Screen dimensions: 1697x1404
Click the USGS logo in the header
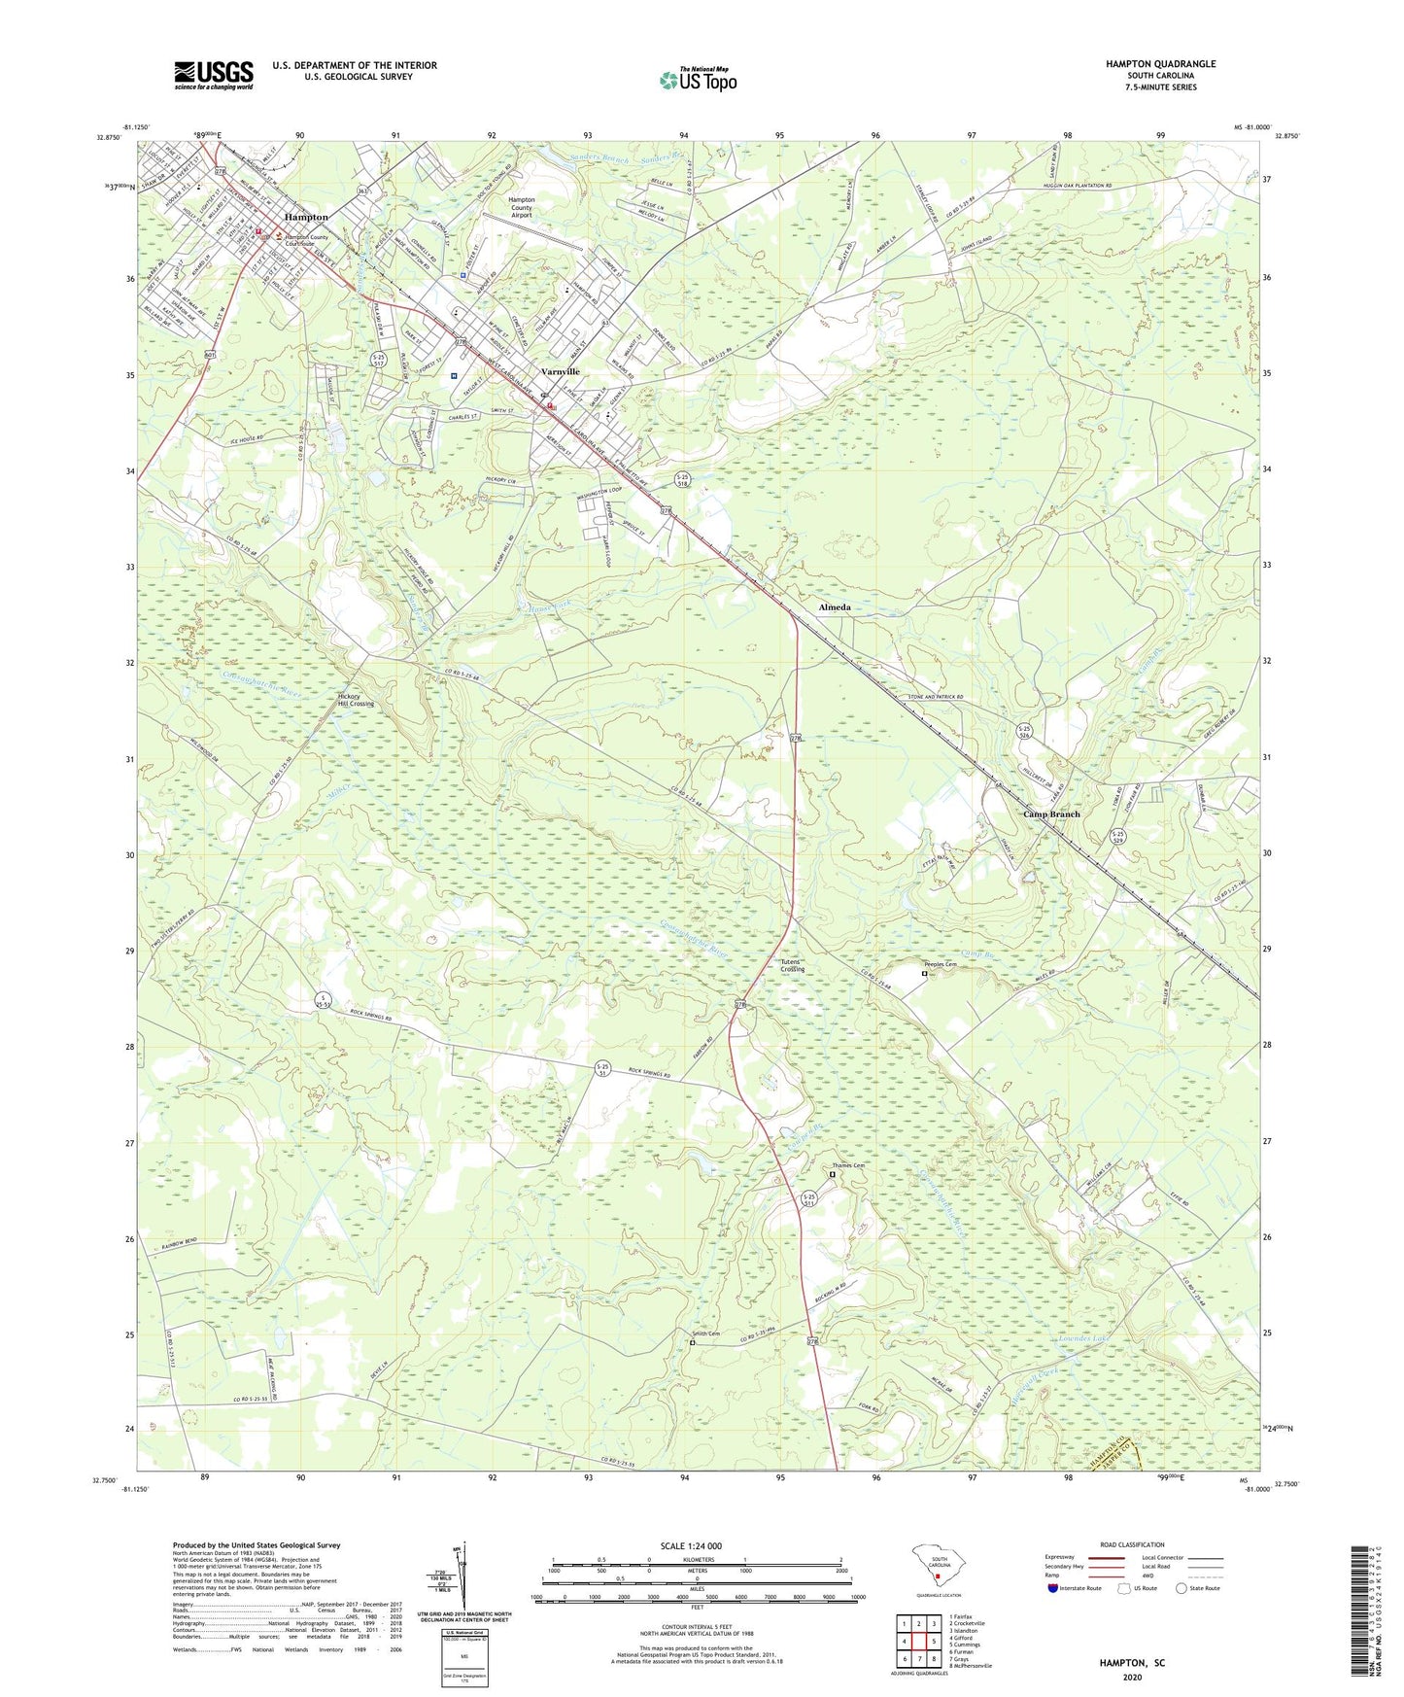214,75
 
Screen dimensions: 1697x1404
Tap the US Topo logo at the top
698,79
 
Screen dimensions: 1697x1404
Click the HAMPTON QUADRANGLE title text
1160,64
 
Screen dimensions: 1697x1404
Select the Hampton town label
305,217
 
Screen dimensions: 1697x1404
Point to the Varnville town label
560,371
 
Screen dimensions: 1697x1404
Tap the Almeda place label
834,607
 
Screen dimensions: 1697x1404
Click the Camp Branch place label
1051,814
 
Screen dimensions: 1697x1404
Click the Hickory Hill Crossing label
355,700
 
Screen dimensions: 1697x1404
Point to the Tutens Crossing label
792,965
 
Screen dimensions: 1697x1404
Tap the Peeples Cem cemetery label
940,964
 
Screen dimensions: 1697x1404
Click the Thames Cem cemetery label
847,1165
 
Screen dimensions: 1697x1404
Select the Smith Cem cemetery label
705,1333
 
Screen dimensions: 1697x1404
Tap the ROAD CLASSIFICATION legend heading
1132,1544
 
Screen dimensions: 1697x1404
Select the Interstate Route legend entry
1074,1588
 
